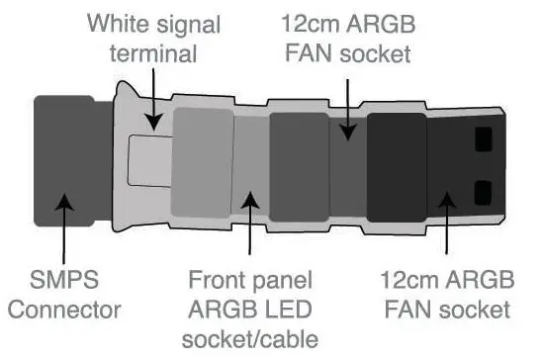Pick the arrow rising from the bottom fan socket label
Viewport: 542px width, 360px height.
click(x=448, y=226)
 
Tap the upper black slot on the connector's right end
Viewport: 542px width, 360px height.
click(x=483, y=138)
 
